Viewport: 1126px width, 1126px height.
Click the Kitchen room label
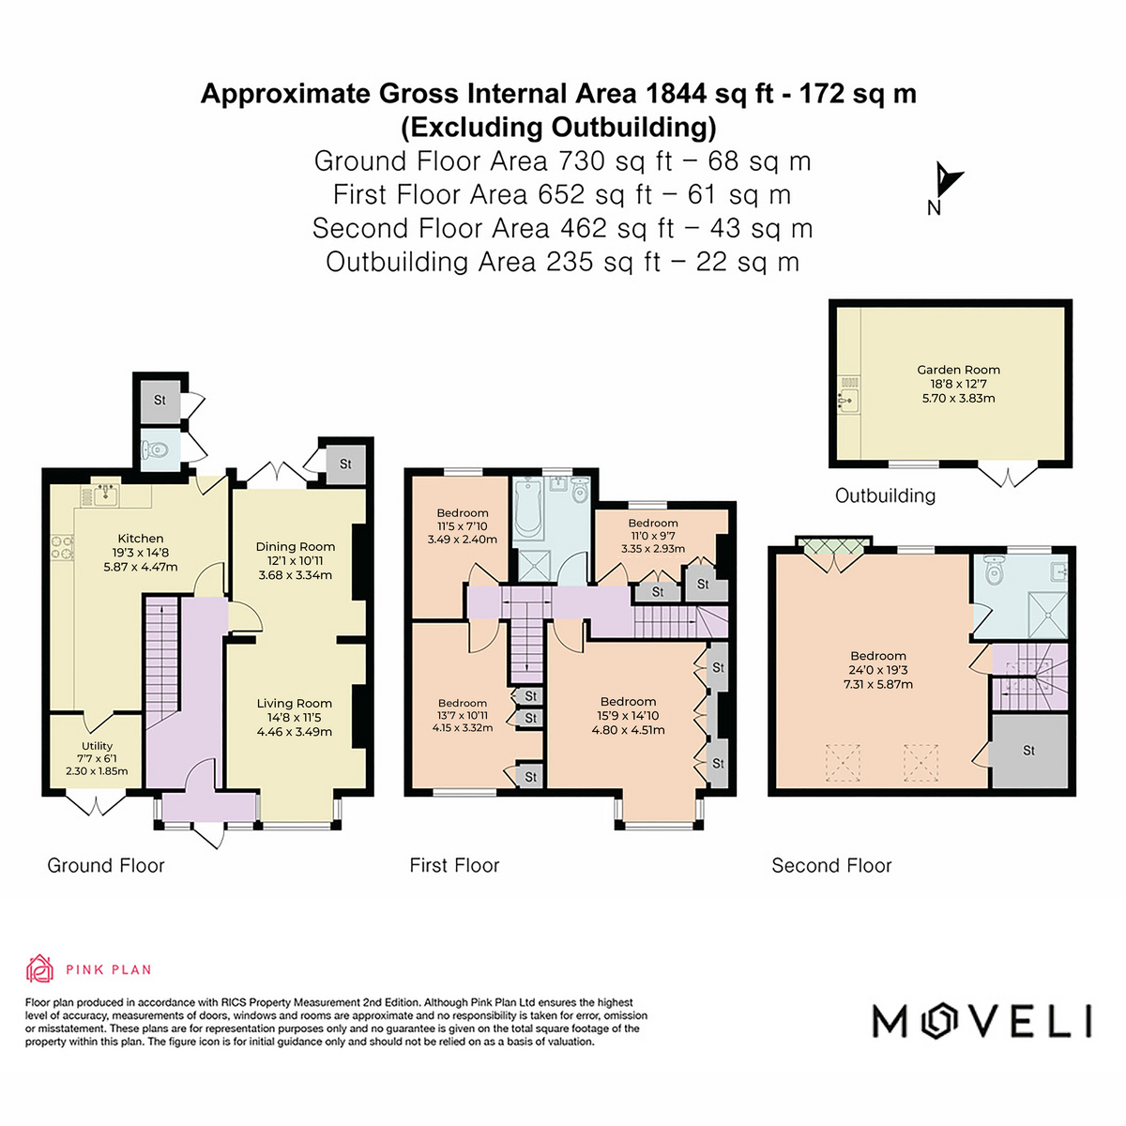[x=141, y=539]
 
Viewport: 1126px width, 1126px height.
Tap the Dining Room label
[x=295, y=546]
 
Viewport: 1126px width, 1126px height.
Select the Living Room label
[x=294, y=703]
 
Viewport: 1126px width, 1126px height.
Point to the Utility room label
[x=97, y=746]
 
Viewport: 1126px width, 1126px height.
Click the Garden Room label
[x=958, y=370]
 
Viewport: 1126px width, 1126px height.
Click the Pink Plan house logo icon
[x=39, y=969]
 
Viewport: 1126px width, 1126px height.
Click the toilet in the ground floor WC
[x=155, y=449]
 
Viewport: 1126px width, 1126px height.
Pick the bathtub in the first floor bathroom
[x=529, y=509]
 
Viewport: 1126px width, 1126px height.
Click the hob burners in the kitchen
[x=62, y=547]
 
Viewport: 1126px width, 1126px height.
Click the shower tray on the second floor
[x=1047, y=614]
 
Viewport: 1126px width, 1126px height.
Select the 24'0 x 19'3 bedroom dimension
[x=878, y=670]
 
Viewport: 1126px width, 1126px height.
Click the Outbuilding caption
[x=885, y=495]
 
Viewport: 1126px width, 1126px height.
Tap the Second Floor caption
[x=831, y=865]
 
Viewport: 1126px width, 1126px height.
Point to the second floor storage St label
[x=1028, y=751]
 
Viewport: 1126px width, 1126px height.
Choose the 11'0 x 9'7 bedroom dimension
[x=653, y=536]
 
